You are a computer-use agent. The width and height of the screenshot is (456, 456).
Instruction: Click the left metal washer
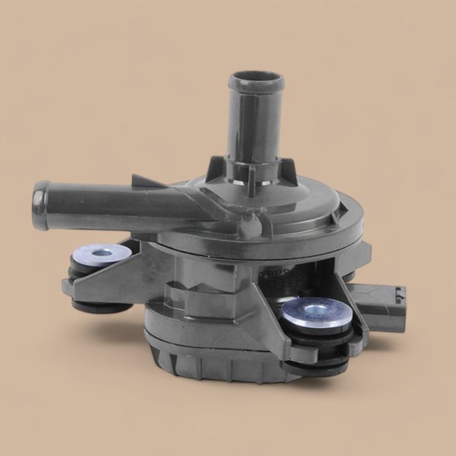coord(98,253)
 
